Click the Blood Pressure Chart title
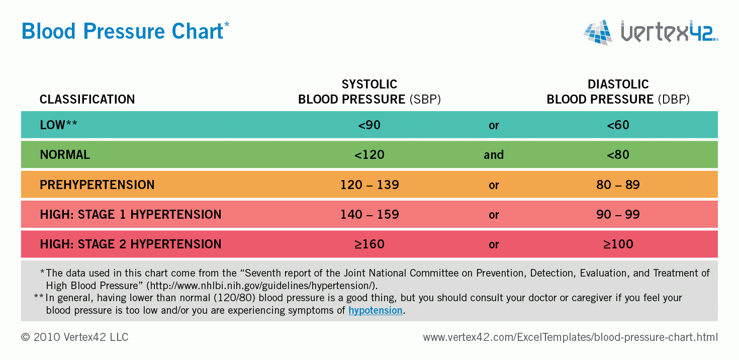click(122, 31)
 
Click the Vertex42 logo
click(651, 32)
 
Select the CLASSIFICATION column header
click(87, 99)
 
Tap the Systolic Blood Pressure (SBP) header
click(369, 92)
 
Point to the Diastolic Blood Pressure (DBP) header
click(618, 92)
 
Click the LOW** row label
click(58, 125)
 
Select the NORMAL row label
click(65, 155)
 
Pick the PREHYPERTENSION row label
click(97, 185)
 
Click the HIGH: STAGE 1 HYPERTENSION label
click(130, 214)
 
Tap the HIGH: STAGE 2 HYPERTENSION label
click(130, 244)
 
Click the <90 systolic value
click(369, 125)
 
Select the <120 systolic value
click(369, 155)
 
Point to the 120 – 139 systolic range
click(369, 185)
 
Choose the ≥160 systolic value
click(369, 244)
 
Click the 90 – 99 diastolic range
click(618, 214)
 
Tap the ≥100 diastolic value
click(618, 244)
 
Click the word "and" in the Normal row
click(494, 155)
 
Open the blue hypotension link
click(375, 310)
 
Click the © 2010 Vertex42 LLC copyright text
click(75, 337)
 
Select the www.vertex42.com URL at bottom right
click(571, 337)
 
